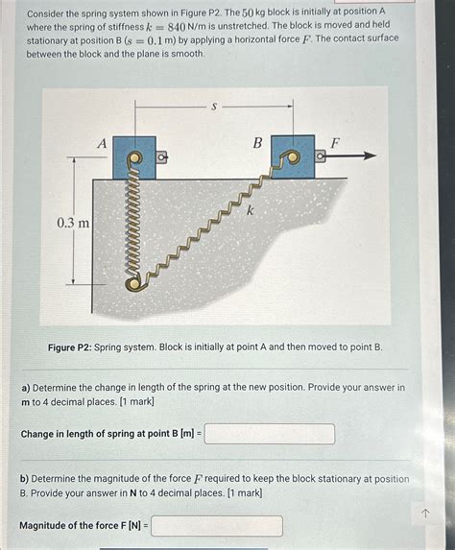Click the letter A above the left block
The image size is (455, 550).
103,142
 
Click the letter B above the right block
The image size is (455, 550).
257,142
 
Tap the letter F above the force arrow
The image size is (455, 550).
335,142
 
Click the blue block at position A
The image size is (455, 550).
134,156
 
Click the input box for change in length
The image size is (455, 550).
270,434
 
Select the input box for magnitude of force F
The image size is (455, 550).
217,526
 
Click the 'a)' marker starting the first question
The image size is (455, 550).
26,388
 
